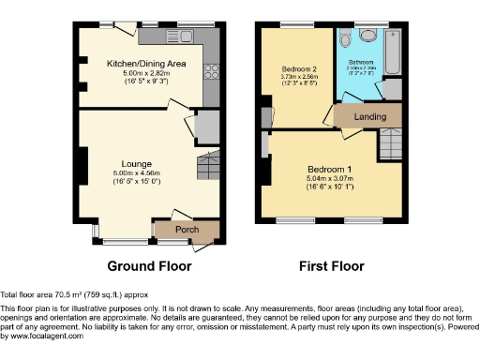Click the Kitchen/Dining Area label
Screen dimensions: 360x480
(x=147, y=62)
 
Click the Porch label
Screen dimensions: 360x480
(x=187, y=229)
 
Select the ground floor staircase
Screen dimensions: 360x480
(x=208, y=167)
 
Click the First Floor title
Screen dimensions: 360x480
(x=331, y=266)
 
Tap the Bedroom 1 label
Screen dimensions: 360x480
(x=328, y=170)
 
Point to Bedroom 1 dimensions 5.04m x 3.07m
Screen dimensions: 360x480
(x=328, y=179)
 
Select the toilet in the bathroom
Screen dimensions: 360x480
(x=348, y=37)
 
